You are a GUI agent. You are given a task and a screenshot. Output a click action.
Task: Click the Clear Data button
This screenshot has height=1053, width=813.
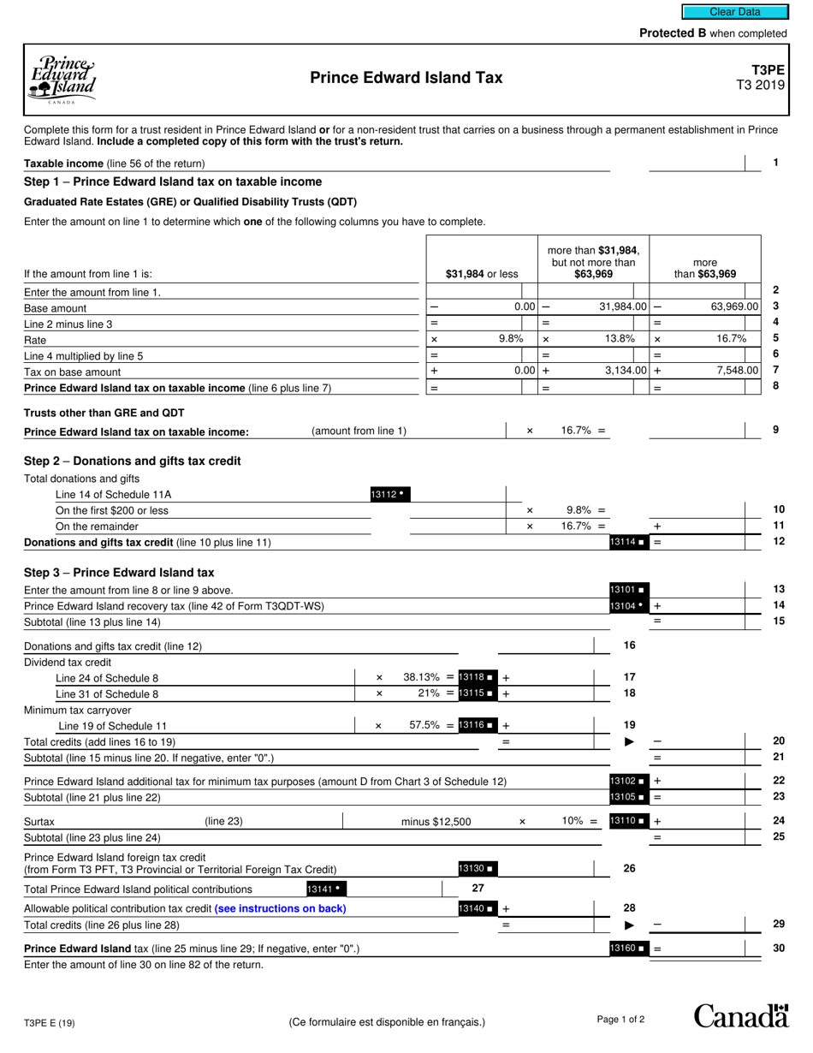[x=734, y=12]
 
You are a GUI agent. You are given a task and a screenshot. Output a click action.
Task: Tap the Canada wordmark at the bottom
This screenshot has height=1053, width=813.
[x=740, y=1016]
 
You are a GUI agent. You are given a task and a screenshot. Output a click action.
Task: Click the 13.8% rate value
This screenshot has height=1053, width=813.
[x=620, y=338]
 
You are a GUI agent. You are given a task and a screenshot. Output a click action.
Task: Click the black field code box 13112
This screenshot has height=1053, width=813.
[x=389, y=494]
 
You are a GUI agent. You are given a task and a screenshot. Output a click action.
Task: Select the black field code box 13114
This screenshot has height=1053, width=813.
[x=628, y=542]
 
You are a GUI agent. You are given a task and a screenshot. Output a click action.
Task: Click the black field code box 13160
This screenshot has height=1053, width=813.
[x=628, y=949]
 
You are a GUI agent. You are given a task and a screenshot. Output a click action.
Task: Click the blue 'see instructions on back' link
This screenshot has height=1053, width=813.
[x=280, y=908]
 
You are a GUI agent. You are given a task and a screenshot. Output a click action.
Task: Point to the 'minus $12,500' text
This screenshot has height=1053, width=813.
[x=436, y=822]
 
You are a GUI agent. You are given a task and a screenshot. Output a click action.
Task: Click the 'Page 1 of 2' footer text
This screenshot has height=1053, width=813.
[x=620, y=1019]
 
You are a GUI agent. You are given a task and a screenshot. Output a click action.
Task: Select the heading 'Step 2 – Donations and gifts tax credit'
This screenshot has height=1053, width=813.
[x=133, y=461]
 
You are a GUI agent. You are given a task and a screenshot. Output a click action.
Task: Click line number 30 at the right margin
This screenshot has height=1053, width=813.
[x=778, y=948]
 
